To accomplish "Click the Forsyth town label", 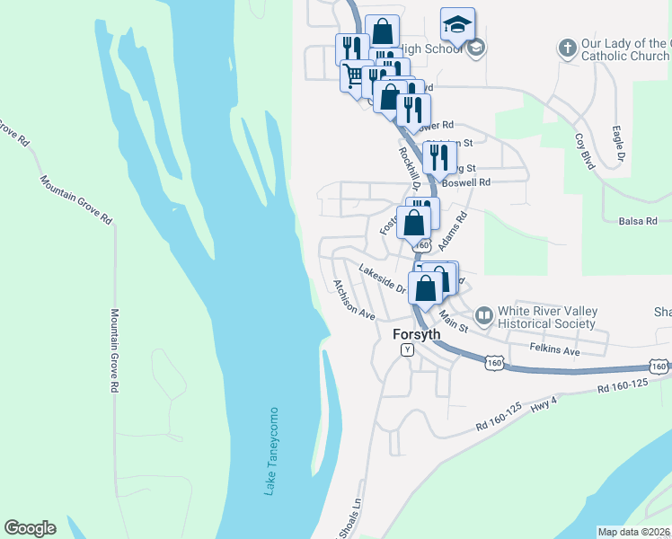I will click(x=417, y=334).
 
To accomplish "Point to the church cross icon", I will click(x=567, y=48).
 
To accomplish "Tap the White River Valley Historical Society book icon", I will click(x=484, y=314).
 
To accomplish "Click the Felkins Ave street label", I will click(x=554, y=350).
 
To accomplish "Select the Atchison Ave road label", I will click(x=352, y=300).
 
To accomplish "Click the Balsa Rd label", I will click(x=644, y=220).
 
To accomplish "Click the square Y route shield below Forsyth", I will click(x=407, y=349).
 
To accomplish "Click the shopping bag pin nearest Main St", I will click(x=426, y=289).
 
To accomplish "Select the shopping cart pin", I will click(x=352, y=76).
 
